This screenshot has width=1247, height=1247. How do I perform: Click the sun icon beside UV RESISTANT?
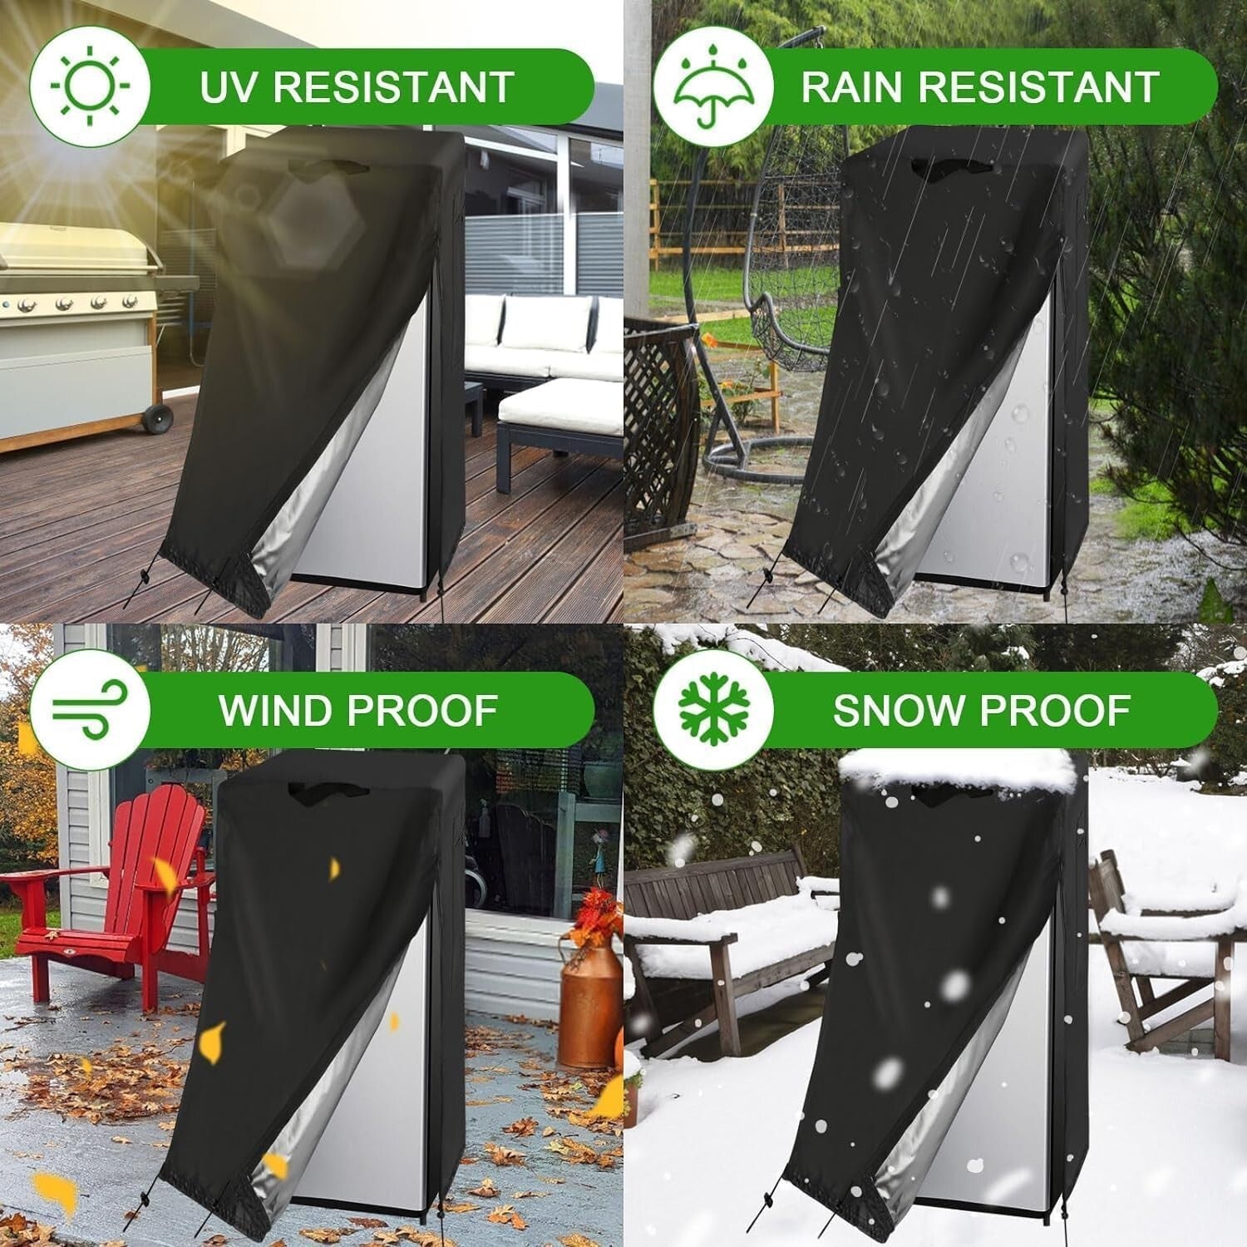click(90, 86)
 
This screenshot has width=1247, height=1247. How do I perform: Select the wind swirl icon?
click(90, 710)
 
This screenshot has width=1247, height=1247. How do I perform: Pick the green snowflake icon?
click(712, 710)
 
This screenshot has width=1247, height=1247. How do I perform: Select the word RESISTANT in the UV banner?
click(389, 86)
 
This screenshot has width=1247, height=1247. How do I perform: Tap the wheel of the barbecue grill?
click(156, 418)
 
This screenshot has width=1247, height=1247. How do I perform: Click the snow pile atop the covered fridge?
click(956, 769)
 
